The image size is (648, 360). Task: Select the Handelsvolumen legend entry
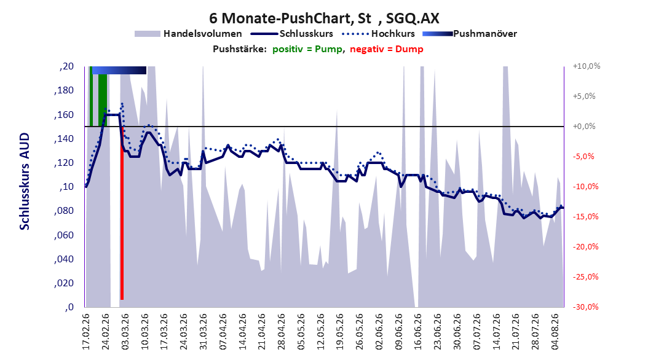pyautogui.click(x=189, y=34)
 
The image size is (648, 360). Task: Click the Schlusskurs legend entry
pyautogui.click(x=292, y=34)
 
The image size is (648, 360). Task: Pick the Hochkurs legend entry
pyautogui.click(x=379, y=34)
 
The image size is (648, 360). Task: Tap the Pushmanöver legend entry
pyautogui.click(x=470, y=34)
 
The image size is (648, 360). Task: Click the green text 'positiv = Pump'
pyautogui.click(x=307, y=49)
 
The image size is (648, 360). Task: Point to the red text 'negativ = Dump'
pyautogui.click(x=387, y=49)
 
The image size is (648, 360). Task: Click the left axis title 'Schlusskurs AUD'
pyautogui.click(x=25, y=181)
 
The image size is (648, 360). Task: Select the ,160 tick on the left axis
pyautogui.click(x=64, y=115)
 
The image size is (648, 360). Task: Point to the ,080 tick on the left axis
pyautogui.click(x=64, y=211)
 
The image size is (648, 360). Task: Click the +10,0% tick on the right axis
pyautogui.click(x=587, y=66)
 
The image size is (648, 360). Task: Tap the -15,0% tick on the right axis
pyautogui.click(x=585, y=217)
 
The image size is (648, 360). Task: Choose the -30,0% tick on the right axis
pyautogui.click(x=585, y=307)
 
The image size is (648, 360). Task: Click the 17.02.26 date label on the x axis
pyautogui.click(x=86, y=332)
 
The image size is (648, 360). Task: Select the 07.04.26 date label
pyautogui.click(x=223, y=332)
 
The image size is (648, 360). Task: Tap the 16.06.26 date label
pyautogui.click(x=418, y=332)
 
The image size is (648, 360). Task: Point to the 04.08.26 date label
pyautogui.click(x=555, y=332)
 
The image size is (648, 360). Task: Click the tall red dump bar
pyautogui.click(x=122, y=219)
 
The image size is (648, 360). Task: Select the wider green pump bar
pyautogui.click(x=103, y=100)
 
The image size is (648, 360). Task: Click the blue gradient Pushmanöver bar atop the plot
pyautogui.click(x=119, y=70)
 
